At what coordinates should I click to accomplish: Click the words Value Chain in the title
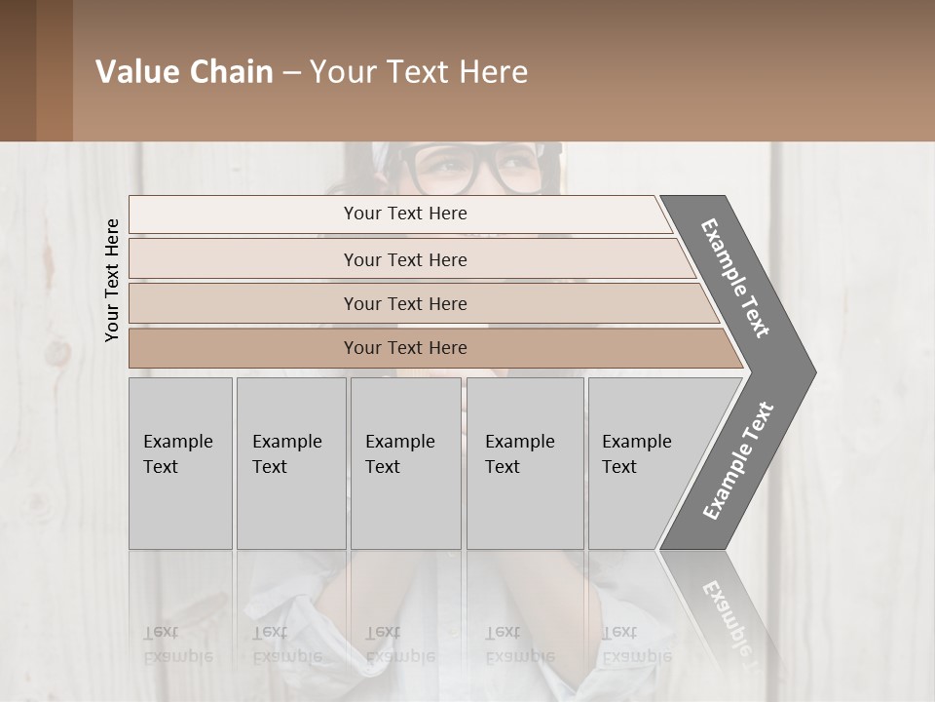click(x=184, y=72)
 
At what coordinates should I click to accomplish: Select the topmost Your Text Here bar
click(x=404, y=214)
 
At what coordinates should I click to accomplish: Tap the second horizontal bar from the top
click(x=404, y=259)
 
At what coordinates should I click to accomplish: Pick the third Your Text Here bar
click(x=404, y=303)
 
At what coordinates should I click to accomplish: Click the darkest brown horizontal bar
click(x=404, y=348)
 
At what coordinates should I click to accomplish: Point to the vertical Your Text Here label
click(x=112, y=280)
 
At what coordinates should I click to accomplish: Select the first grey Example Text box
click(x=180, y=462)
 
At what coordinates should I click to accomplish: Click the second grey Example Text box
click(x=290, y=462)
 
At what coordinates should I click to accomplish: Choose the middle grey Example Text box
click(x=405, y=462)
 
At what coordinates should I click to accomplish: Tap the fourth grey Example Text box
click(x=524, y=462)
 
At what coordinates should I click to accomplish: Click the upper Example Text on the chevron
click(x=735, y=278)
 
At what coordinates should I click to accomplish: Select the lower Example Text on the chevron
click(x=738, y=460)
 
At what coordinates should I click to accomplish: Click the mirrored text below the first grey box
click(x=178, y=643)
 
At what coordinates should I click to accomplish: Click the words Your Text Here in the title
click(x=419, y=72)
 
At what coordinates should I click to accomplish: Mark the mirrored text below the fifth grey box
click(x=637, y=643)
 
